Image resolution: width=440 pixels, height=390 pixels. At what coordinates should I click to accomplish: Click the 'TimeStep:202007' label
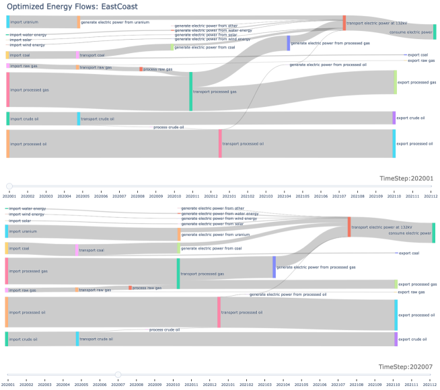pos(407,367)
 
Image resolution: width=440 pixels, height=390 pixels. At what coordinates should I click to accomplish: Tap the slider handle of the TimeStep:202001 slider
pos(9,186)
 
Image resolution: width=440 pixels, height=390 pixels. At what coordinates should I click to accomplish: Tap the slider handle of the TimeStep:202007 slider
pos(118,375)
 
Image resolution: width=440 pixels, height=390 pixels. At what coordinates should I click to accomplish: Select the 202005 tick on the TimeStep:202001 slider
pos(82,196)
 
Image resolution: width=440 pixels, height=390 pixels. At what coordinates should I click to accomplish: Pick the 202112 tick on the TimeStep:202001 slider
pos(429,196)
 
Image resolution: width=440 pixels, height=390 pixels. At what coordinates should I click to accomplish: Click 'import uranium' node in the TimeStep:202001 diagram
pos(7,22)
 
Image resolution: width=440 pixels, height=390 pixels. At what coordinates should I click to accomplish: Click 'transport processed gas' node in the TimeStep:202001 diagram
pos(190,91)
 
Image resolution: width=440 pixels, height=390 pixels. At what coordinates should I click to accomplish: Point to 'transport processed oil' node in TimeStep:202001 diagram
pos(220,143)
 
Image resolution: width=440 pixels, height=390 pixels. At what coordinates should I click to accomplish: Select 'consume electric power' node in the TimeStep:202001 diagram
pos(435,32)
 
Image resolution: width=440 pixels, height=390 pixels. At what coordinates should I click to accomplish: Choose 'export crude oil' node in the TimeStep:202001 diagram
pos(394,118)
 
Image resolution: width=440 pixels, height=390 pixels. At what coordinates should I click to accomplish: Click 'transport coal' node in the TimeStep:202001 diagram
pos(78,55)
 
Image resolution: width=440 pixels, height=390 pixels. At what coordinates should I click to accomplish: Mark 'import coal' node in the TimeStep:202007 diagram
pos(7,249)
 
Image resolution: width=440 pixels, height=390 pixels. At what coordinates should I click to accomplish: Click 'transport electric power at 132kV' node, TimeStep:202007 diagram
pos(349,227)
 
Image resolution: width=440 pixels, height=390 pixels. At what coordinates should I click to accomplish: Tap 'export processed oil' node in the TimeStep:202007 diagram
pos(396,315)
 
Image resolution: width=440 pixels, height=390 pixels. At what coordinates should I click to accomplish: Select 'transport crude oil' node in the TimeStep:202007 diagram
pos(77,339)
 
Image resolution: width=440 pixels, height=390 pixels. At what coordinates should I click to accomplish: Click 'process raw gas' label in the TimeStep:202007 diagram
pos(147,288)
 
